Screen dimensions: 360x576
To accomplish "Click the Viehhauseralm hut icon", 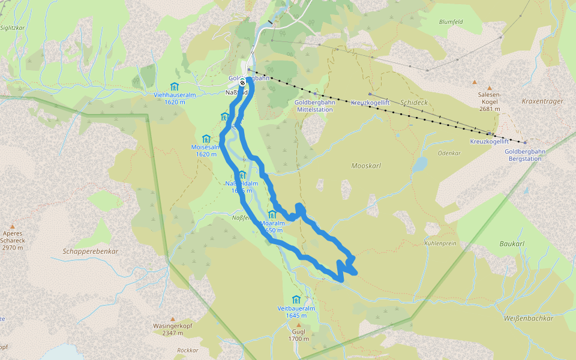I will [x=174, y=86].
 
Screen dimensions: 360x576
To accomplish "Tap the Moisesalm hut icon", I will [x=206, y=139].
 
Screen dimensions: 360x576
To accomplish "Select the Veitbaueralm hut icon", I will [x=296, y=299].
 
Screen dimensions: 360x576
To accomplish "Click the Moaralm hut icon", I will [x=272, y=215].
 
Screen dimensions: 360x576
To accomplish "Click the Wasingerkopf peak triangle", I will [x=172, y=319].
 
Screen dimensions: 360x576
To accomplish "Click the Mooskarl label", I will [x=366, y=165].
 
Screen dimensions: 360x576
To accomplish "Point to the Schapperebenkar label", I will [x=89, y=251].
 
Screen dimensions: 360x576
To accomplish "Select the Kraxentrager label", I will [x=542, y=101].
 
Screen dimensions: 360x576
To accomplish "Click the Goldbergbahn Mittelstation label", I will [x=314, y=106].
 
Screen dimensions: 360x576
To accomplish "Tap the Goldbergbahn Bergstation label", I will [x=523, y=155].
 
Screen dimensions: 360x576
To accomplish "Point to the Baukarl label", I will [x=512, y=244].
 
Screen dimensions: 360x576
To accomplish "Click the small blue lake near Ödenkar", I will [x=419, y=164].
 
